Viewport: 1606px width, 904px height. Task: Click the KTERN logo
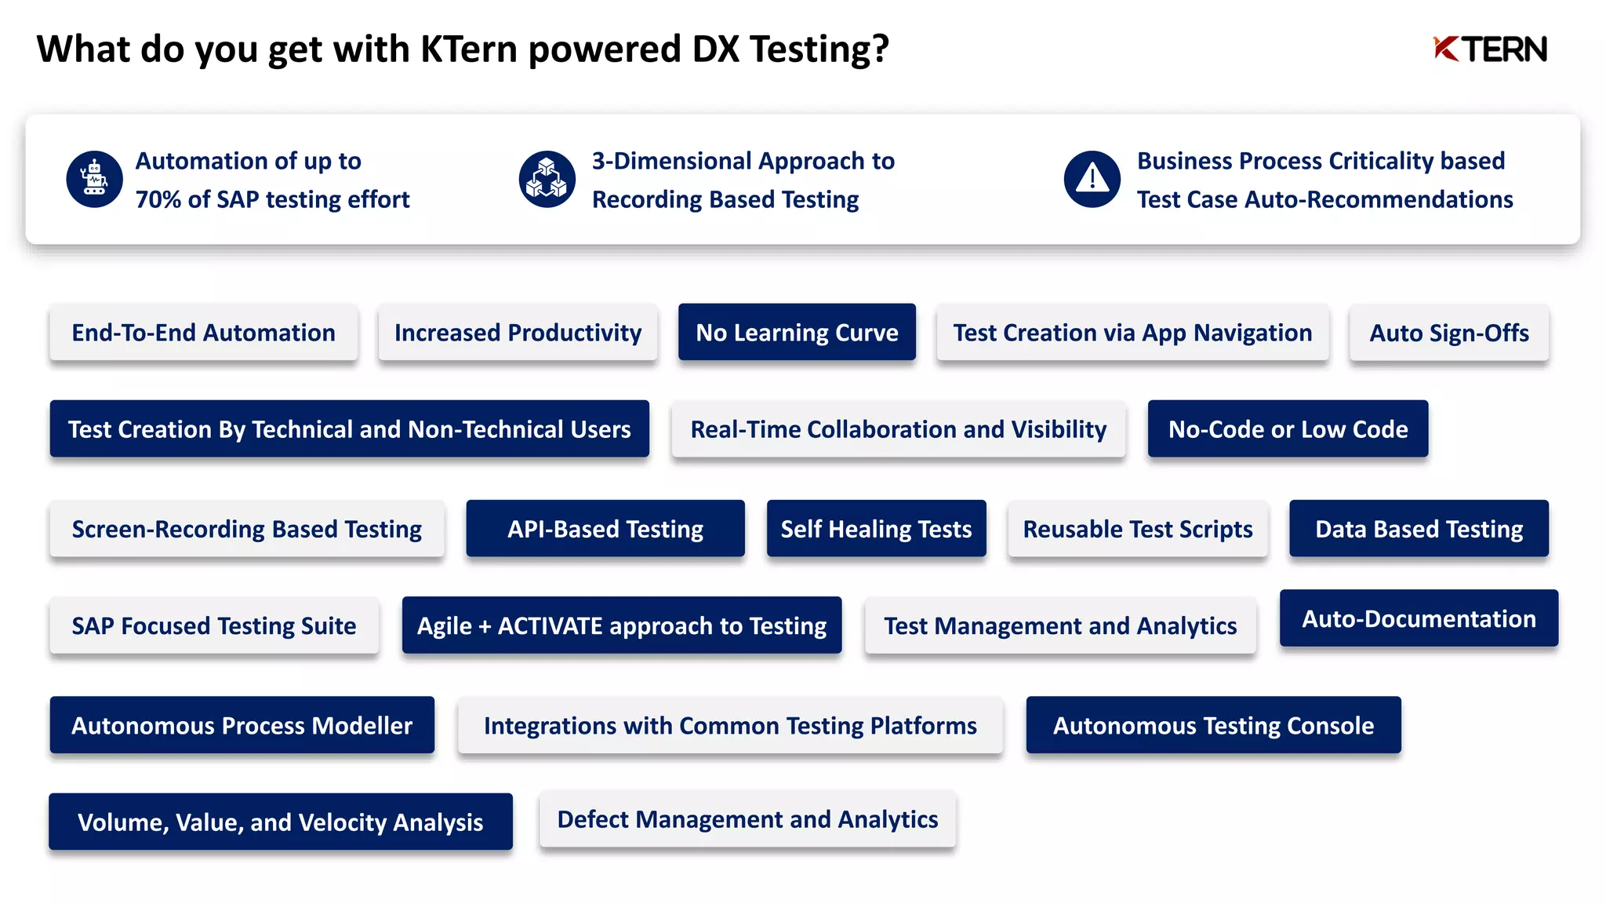click(x=1490, y=49)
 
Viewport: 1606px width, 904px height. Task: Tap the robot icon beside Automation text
click(x=94, y=179)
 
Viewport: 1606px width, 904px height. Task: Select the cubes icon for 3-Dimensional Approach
click(x=547, y=179)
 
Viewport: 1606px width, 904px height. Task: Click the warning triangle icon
click(x=1092, y=179)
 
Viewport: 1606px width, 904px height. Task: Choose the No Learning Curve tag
click(x=797, y=333)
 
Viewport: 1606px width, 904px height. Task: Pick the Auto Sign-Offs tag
click(x=1448, y=333)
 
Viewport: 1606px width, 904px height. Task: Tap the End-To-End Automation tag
click(x=204, y=333)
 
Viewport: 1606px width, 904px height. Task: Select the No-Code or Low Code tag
click(x=1288, y=429)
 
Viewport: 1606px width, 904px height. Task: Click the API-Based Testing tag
click(x=605, y=529)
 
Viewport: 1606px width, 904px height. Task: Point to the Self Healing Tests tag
click(x=876, y=529)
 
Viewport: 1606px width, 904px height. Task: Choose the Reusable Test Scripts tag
click(x=1138, y=529)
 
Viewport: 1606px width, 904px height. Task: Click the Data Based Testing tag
click(x=1419, y=529)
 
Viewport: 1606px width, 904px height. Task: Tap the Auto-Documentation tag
click(x=1419, y=618)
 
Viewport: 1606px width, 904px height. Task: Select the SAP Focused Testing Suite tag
click(x=214, y=625)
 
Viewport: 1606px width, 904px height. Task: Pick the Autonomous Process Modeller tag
click(x=242, y=725)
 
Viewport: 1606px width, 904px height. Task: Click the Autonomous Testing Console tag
click(x=1213, y=725)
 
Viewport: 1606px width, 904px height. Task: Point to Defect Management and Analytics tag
click(x=747, y=819)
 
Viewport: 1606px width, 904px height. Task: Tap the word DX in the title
click(x=715, y=49)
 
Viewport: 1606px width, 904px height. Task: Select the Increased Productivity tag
click(x=518, y=333)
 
